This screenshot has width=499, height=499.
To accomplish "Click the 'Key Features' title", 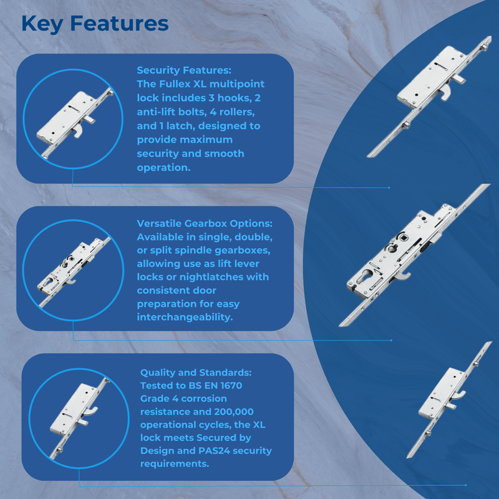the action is (x=95, y=24).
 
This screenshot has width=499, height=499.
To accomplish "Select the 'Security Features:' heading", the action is (x=184, y=70).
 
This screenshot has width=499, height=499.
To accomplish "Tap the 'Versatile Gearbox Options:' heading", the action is (x=205, y=223).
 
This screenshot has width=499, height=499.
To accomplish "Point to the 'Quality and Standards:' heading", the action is (x=196, y=372).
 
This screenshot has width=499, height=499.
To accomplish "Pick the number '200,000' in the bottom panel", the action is (x=233, y=412).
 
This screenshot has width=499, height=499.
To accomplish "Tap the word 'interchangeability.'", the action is (x=185, y=317).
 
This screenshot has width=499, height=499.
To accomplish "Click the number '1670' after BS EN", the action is (x=231, y=385).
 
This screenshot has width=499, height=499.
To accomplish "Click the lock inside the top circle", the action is (x=75, y=122).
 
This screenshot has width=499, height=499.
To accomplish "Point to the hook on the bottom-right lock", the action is (x=458, y=396).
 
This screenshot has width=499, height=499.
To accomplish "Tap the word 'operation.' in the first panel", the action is (x=163, y=168).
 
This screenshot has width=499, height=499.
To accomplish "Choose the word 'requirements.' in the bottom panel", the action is (x=175, y=463).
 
